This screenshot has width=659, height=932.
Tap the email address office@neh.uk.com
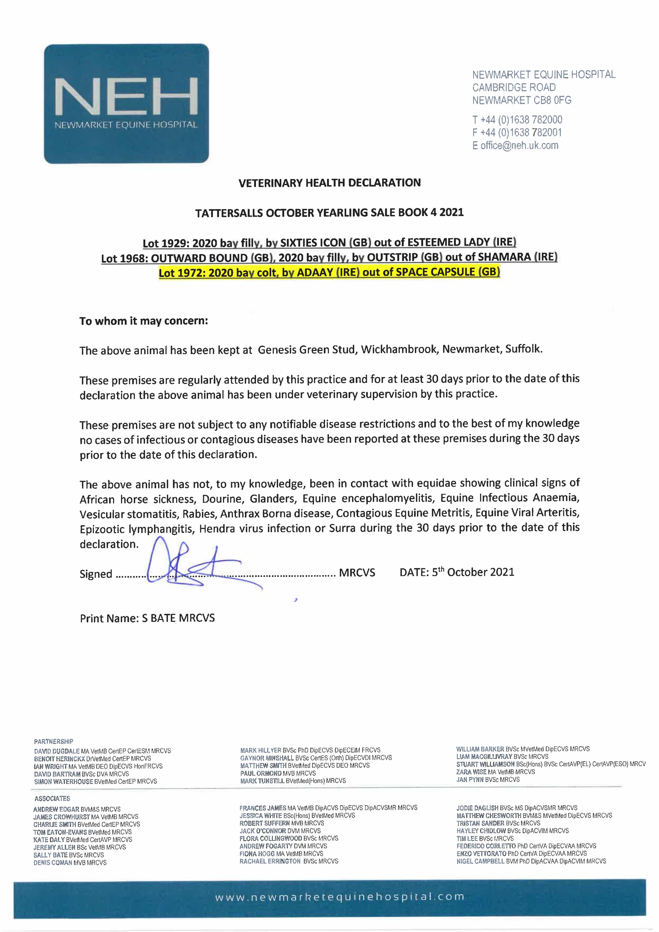coord(519,145)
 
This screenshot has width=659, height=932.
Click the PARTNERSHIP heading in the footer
coord(54,741)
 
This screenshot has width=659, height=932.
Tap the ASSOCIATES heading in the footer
coord(52,799)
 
